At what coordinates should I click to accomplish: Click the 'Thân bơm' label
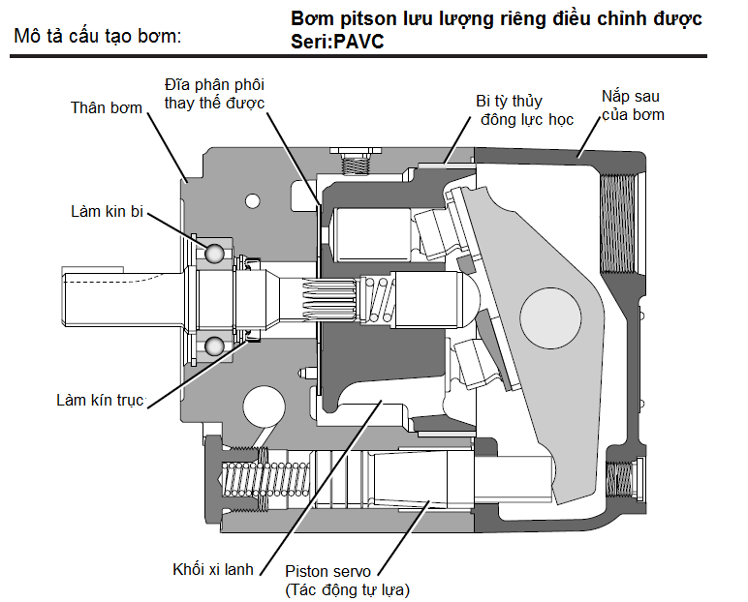(x=107, y=107)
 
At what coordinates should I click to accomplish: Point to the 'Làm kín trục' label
(x=100, y=400)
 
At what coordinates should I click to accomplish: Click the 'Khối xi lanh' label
(x=213, y=569)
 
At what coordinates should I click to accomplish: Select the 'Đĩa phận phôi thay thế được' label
(x=215, y=93)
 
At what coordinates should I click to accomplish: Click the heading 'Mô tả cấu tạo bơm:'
(x=98, y=38)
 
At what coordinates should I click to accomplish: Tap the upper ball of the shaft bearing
(x=214, y=254)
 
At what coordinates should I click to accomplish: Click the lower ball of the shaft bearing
(x=214, y=344)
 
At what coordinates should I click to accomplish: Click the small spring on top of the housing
(x=358, y=166)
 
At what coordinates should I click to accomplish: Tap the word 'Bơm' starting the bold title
(x=313, y=19)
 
